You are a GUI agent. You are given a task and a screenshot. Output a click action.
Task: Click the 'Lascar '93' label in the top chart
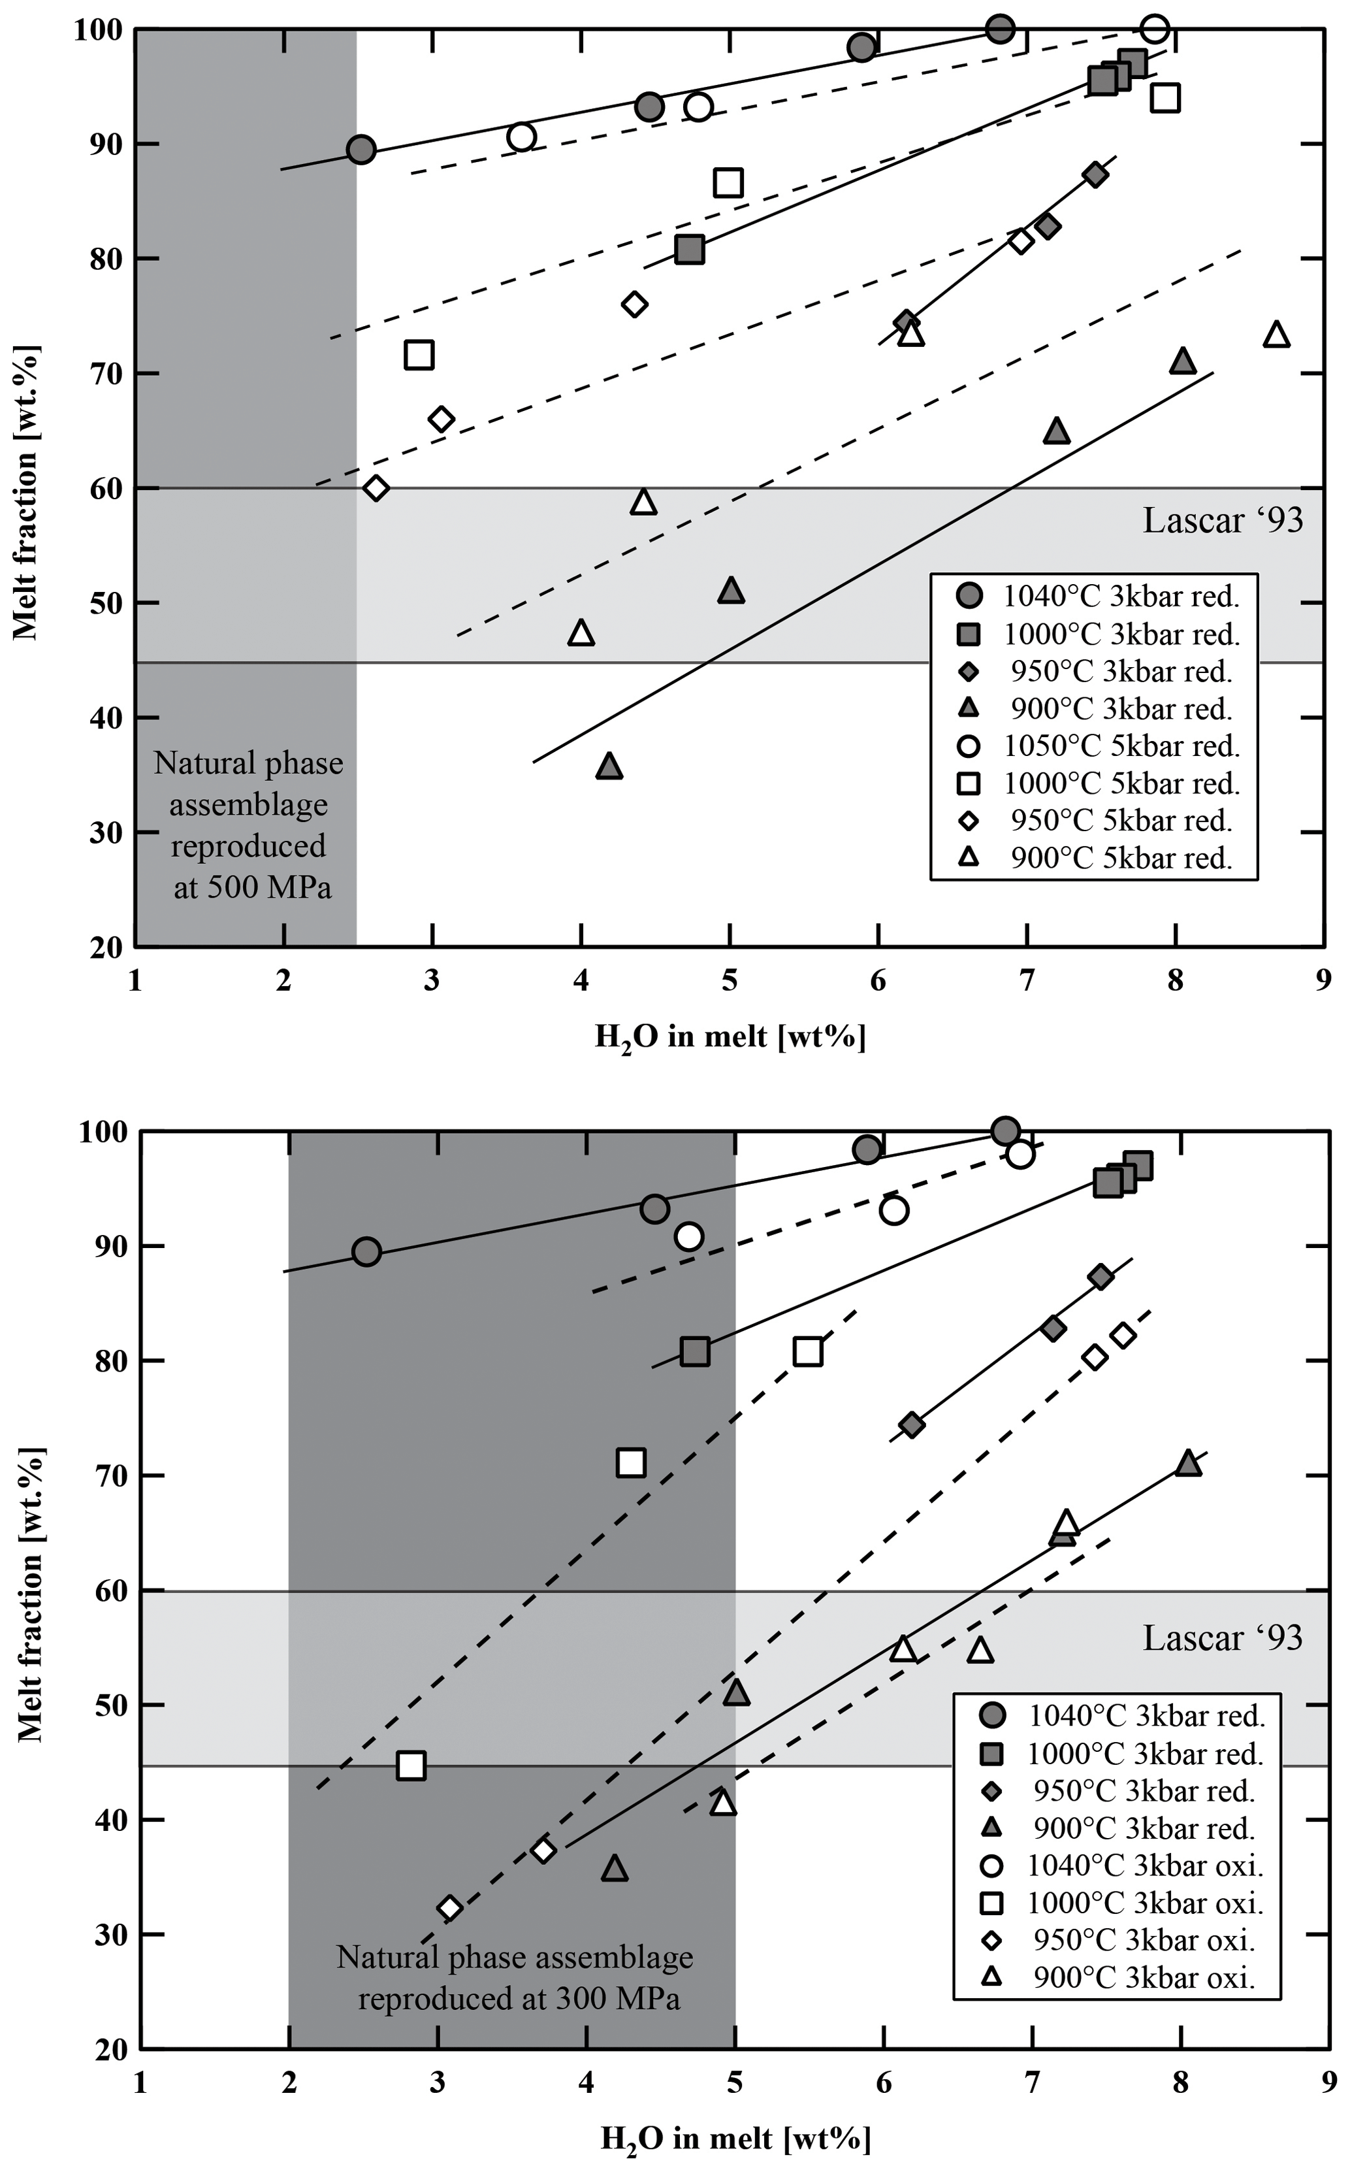(x=1223, y=521)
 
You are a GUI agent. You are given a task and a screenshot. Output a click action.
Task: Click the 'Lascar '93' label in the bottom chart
(x=1223, y=1637)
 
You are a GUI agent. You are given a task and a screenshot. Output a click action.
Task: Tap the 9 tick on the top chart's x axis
(x=1323, y=981)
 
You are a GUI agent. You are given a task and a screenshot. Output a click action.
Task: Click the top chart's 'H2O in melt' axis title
(x=730, y=1038)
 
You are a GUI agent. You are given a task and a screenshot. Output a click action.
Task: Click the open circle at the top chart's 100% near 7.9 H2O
(x=1155, y=29)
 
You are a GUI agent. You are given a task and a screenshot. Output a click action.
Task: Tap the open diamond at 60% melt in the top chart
(x=376, y=489)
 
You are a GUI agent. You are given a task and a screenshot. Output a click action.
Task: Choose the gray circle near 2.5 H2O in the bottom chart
(x=366, y=1252)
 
